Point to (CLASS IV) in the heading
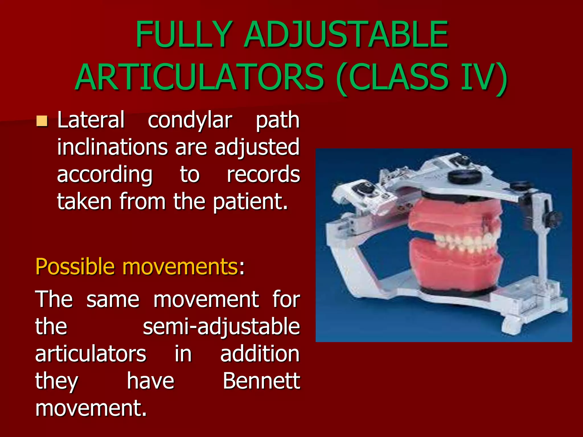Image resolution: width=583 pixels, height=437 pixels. point(422,77)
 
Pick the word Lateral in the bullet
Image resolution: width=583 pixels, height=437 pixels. point(91,120)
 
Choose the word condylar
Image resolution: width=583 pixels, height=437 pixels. point(190,120)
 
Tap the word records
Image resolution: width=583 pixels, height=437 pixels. point(263,174)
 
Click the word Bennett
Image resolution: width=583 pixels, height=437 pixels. point(261,381)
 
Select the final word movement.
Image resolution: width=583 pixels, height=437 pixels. point(91,408)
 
